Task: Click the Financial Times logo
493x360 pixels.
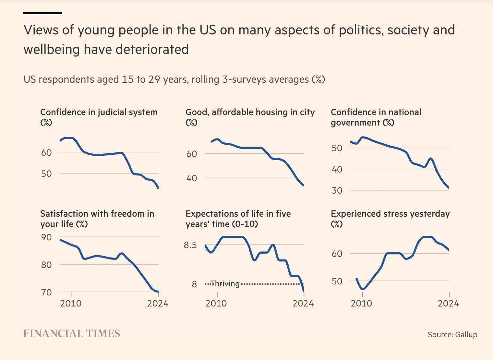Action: coord(72,333)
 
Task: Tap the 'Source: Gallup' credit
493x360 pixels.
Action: coord(452,334)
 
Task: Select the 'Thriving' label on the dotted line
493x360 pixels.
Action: coord(224,284)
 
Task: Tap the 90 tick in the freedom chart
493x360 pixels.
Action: coord(46,237)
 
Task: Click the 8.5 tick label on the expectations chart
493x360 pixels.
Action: coord(190,245)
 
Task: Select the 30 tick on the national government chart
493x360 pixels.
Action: coord(337,190)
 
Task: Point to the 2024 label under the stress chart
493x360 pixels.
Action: coord(448,304)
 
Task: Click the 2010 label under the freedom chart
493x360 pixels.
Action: coord(71,304)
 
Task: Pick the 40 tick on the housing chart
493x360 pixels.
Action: coord(192,178)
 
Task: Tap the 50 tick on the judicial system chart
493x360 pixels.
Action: coord(46,174)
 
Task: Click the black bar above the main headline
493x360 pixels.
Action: coord(43,13)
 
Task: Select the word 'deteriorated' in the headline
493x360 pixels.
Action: coord(152,50)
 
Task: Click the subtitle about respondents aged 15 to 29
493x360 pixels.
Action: coord(174,79)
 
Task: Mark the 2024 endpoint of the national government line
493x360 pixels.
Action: coord(449,188)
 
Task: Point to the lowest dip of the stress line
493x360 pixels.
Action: coord(363,289)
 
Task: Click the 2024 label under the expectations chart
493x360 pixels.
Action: coord(303,304)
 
